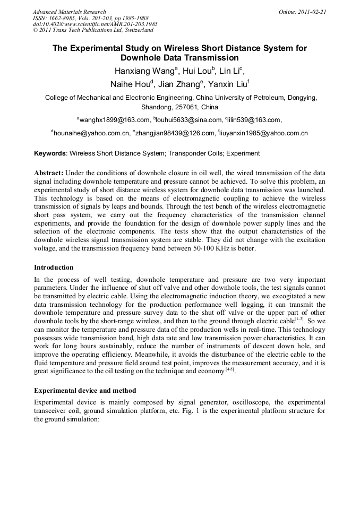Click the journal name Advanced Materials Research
coord(69,12)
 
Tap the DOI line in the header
coord(95,24)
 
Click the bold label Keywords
coord(50,153)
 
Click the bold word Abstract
coord(49,173)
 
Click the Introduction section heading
coord(54,268)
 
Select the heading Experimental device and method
coord(85,391)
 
